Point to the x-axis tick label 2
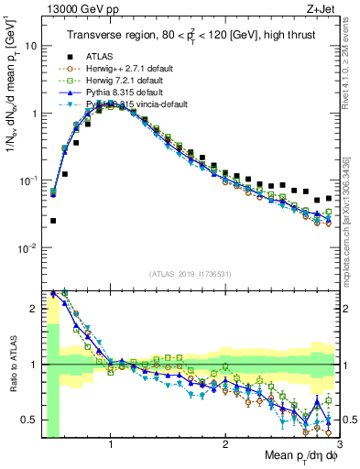(x=225, y=445)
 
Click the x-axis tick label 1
(x=111, y=445)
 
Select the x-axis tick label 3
(x=338, y=445)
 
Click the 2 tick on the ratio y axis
(x=33, y=309)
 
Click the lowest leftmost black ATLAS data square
(x=53, y=221)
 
